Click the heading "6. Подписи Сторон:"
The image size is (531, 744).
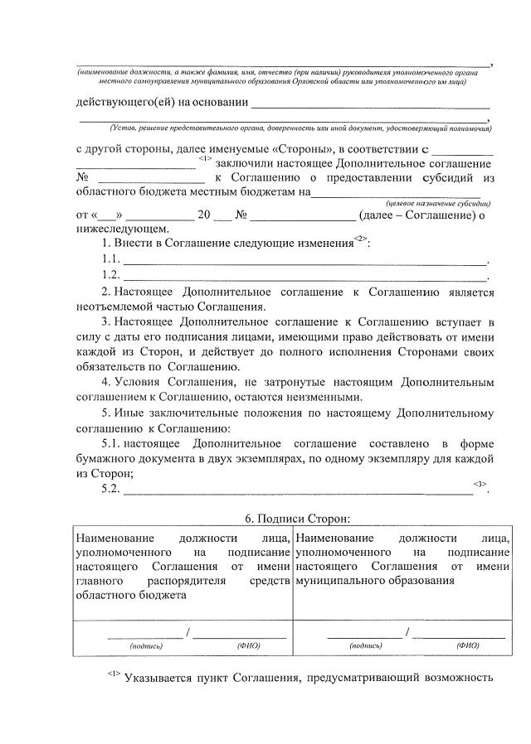click(298, 518)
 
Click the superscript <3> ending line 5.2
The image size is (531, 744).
click(480, 483)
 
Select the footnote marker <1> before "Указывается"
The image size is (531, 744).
click(114, 675)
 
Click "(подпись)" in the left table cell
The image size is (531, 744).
click(146, 645)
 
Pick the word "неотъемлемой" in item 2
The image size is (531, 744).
click(113, 307)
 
